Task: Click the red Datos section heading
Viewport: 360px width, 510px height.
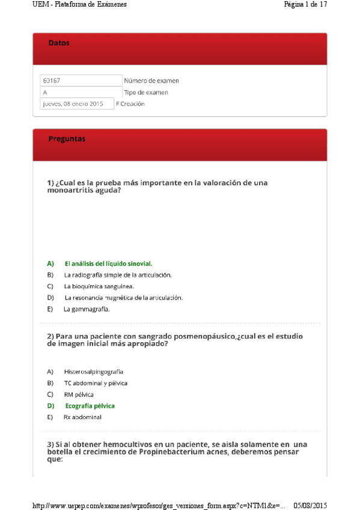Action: tap(59, 43)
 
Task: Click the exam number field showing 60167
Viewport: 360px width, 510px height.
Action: tap(81, 81)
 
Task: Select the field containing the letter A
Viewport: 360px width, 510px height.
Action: tap(81, 93)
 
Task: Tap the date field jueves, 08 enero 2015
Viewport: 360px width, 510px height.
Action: tap(76, 103)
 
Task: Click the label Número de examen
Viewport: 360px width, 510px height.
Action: tap(151, 81)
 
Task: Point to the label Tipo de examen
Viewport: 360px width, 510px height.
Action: tap(146, 93)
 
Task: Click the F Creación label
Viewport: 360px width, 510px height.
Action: tap(130, 103)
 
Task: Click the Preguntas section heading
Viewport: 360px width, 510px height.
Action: tap(67, 139)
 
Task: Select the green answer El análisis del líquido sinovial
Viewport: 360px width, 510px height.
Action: tap(108, 263)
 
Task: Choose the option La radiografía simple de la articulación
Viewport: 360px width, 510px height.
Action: tap(118, 275)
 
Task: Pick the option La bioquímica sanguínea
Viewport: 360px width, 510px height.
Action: tap(99, 286)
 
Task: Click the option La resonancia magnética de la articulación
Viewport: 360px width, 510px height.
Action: tap(123, 298)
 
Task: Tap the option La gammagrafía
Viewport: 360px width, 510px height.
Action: tap(87, 309)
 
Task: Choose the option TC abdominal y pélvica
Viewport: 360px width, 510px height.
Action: tap(96, 383)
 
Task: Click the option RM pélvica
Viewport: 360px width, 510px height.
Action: tap(79, 395)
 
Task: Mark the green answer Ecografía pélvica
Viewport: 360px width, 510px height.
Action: tap(90, 406)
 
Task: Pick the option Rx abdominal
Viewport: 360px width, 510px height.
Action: tap(82, 417)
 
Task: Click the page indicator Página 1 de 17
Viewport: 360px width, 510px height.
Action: tap(305, 4)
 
